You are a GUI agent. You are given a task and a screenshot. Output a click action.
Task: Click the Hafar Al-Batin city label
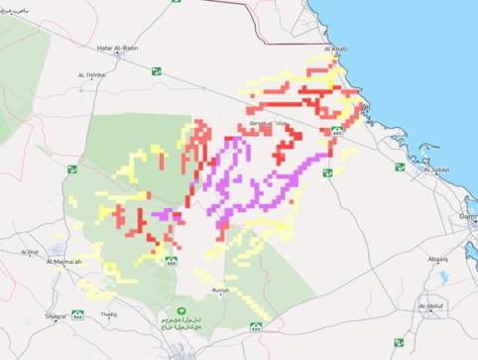pyautogui.click(x=117, y=48)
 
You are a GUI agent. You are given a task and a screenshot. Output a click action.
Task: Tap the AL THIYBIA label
pyautogui.click(x=91, y=74)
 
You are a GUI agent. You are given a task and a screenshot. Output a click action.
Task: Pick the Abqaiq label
pyautogui.click(x=437, y=259)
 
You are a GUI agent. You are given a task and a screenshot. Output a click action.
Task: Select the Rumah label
pyautogui.click(x=221, y=290)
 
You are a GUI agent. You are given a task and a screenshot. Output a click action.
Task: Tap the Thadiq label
pyautogui.click(x=108, y=314)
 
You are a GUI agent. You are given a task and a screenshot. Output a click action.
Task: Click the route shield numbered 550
pyautogui.click(x=171, y=262)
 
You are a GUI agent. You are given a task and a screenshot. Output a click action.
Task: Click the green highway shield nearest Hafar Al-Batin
pyautogui.click(x=156, y=70)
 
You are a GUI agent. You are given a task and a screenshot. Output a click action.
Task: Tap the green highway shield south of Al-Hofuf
pyautogui.click(x=398, y=342)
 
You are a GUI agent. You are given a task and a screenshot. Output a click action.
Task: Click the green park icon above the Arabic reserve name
pyautogui.click(x=180, y=311)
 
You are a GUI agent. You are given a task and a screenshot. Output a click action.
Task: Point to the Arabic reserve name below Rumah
pyautogui.click(x=180, y=324)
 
